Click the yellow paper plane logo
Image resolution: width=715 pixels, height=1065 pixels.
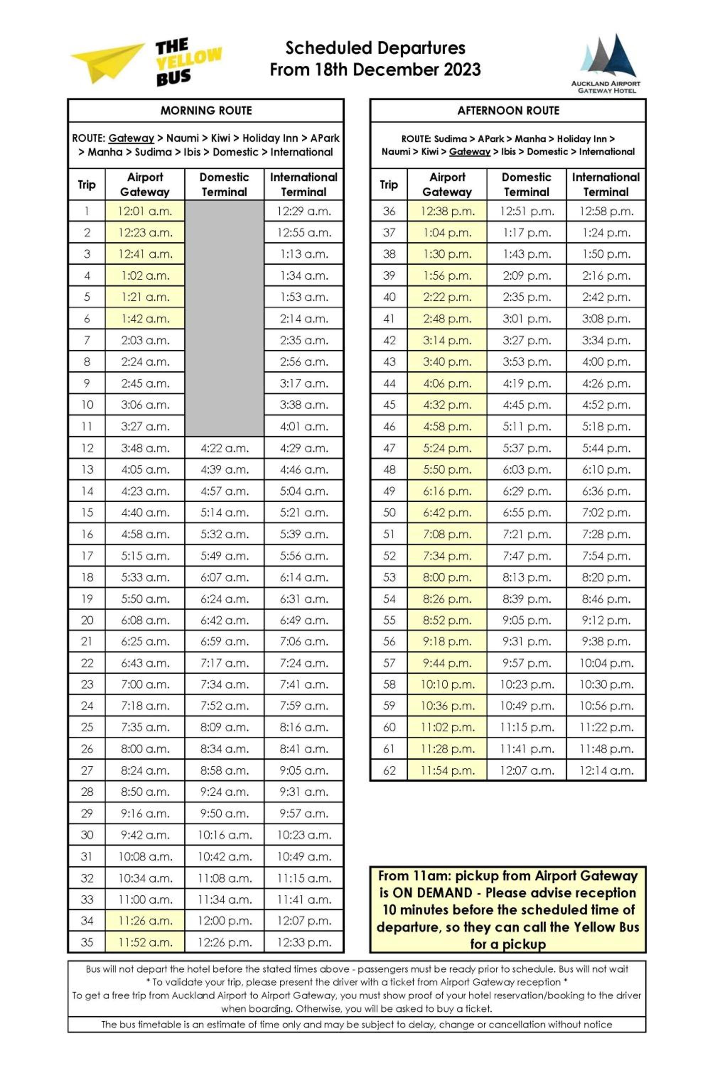(x=107, y=61)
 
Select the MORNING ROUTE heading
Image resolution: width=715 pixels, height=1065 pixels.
(x=206, y=111)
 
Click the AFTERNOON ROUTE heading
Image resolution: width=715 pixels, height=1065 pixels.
(x=508, y=111)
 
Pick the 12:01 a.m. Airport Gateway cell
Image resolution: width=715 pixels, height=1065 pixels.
(x=145, y=211)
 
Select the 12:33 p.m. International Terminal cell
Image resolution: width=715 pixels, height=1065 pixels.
(x=304, y=943)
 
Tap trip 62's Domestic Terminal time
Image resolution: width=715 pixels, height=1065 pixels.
(x=527, y=771)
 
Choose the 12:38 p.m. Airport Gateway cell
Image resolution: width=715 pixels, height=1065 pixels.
(x=447, y=211)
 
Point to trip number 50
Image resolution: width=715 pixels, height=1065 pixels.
(x=389, y=513)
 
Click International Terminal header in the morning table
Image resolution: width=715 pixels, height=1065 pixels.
(x=304, y=185)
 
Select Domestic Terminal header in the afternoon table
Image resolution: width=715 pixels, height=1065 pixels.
(x=527, y=185)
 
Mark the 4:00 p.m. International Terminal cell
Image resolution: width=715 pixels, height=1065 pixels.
(x=606, y=362)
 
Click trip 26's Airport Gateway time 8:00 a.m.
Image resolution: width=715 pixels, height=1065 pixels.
(x=145, y=749)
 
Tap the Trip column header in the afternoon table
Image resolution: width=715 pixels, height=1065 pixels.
(x=388, y=185)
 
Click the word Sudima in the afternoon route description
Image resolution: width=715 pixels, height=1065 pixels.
(x=450, y=139)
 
